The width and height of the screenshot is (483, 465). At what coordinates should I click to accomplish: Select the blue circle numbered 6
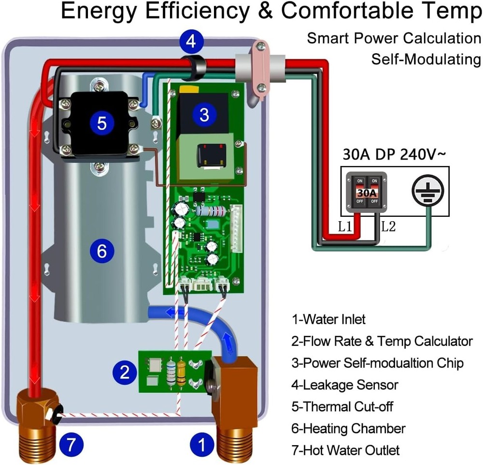click(x=101, y=251)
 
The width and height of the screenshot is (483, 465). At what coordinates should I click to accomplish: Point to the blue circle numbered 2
click(x=125, y=373)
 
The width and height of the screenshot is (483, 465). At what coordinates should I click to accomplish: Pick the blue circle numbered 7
click(x=71, y=444)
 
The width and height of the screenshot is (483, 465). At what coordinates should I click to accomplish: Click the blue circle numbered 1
click(x=202, y=444)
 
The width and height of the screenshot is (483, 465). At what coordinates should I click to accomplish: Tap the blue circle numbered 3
click(x=204, y=115)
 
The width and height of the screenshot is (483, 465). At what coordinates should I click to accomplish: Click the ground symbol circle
click(x=427, y=192)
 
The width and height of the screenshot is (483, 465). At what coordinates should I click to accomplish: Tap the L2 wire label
click(x=388, y=226)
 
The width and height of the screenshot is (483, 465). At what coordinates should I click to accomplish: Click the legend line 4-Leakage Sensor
click(x=345, y=385)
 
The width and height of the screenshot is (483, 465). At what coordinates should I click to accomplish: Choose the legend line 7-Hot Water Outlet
click(x=345, y=450)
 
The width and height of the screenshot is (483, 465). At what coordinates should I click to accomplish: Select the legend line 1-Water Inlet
click(x=328, y=319)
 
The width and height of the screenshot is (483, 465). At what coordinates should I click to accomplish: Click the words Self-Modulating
click(x=426, y=59)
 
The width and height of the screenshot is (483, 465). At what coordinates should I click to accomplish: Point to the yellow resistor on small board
click(x=182, y=373)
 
